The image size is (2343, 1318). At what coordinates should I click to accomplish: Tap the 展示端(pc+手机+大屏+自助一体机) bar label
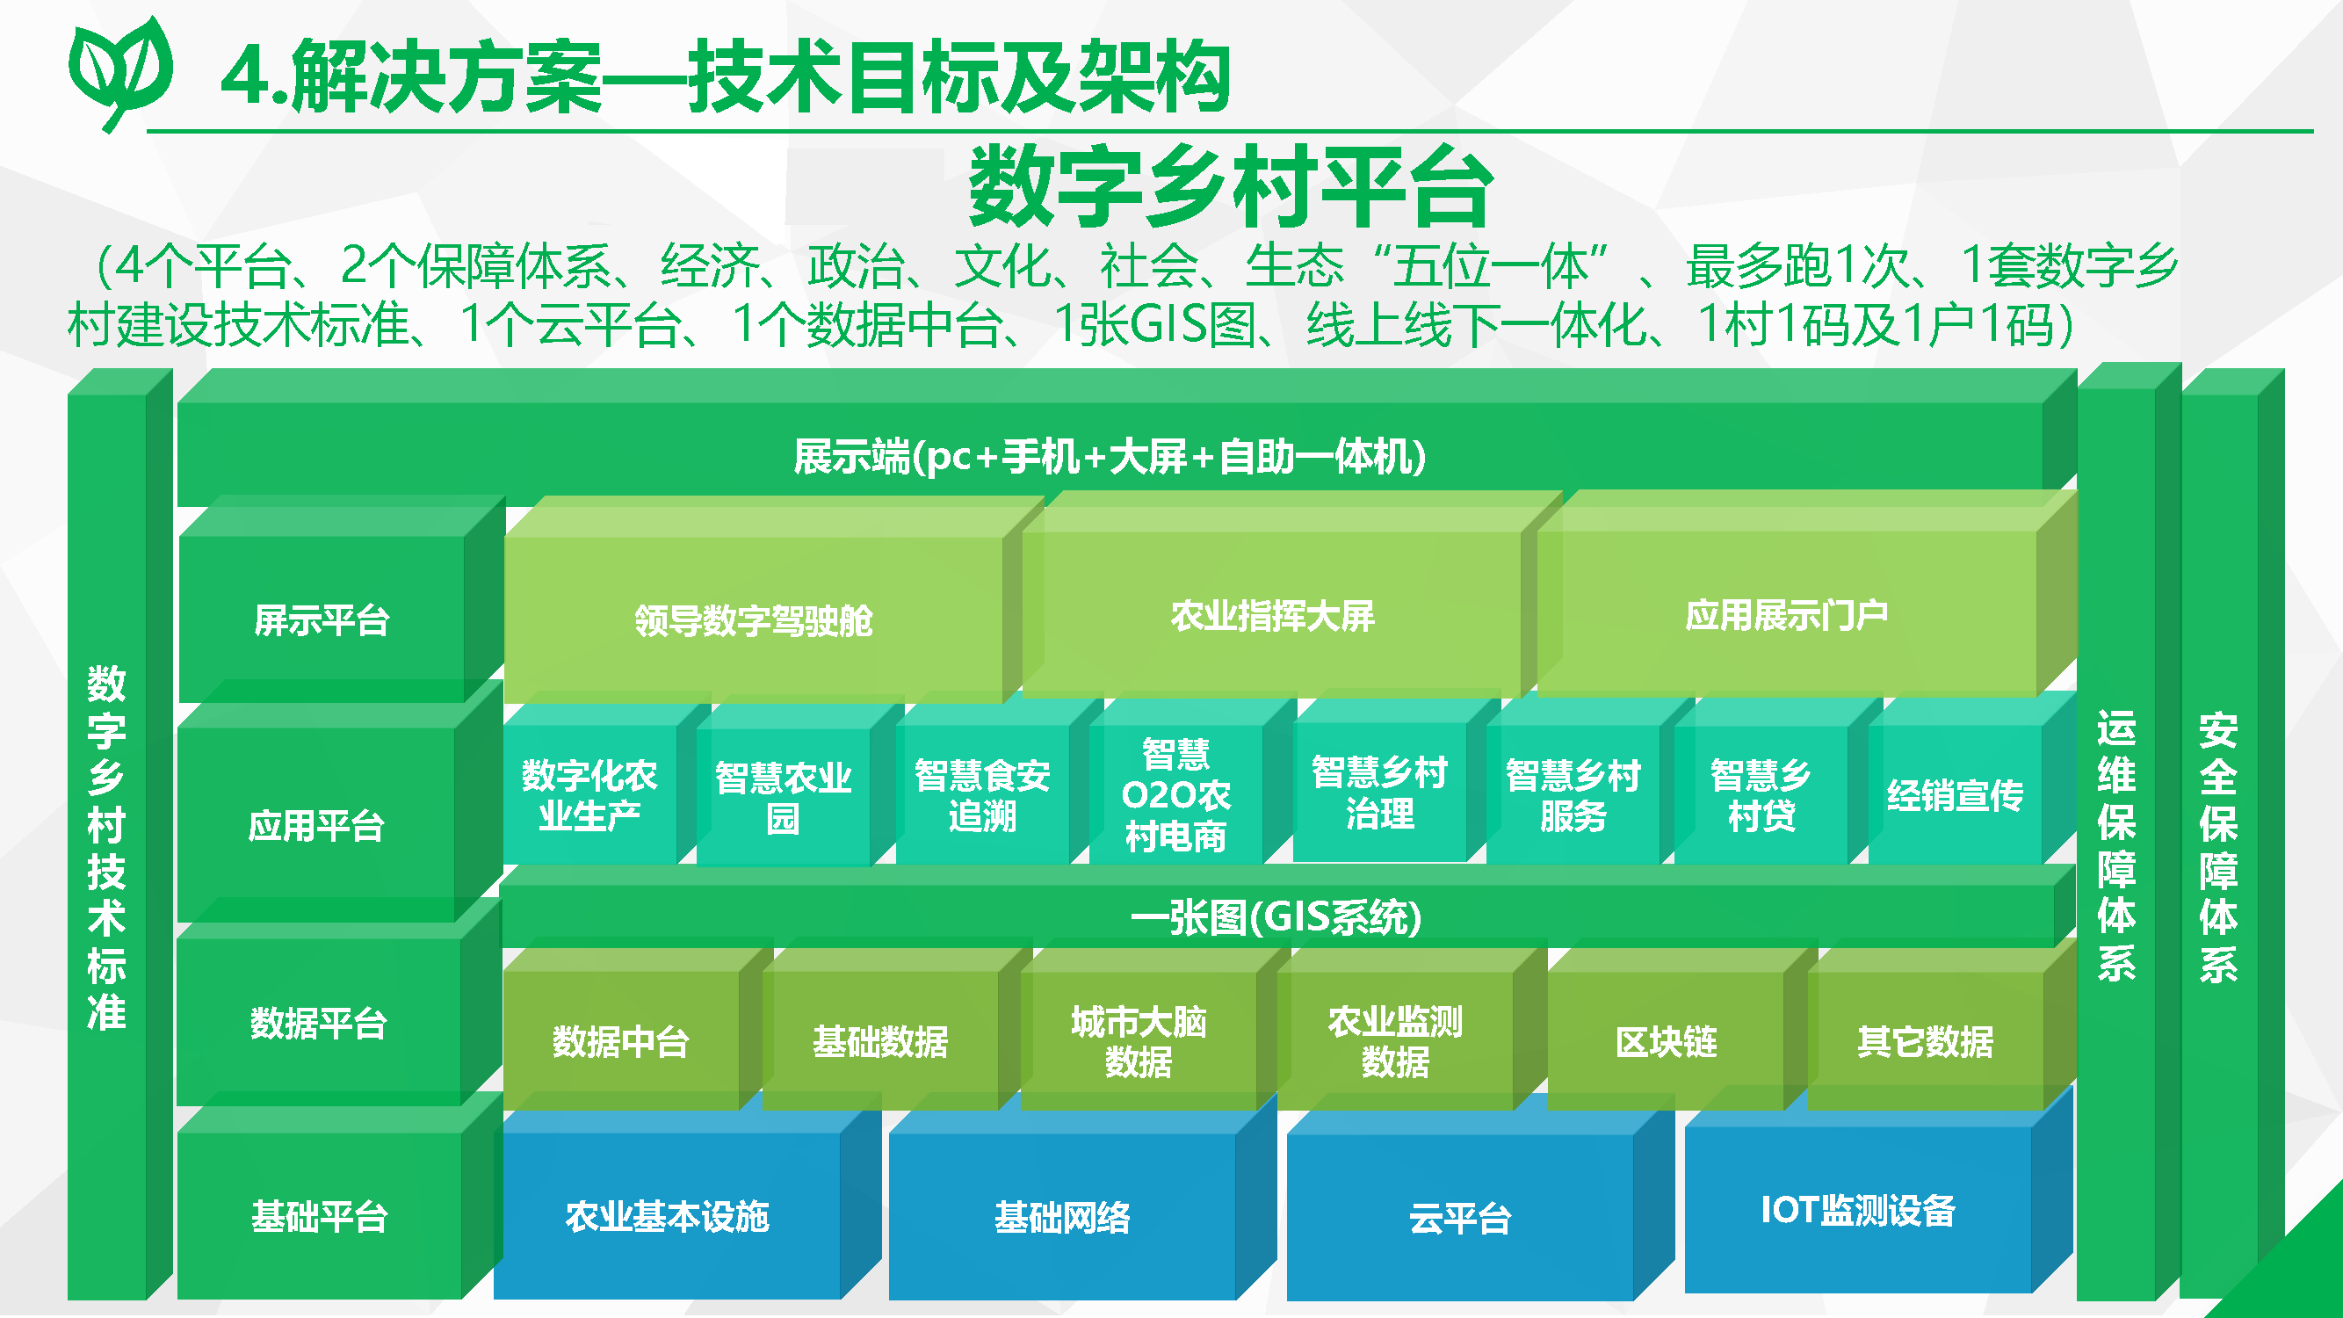[x=1110, y=457]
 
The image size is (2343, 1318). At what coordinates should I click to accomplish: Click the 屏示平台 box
[x=321, y=621]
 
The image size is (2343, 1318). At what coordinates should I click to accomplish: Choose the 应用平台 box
[x=315, y=826]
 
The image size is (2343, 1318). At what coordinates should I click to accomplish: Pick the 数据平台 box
[x=318, y=1024]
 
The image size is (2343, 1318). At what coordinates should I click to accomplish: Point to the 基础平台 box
[x=319, y=1216]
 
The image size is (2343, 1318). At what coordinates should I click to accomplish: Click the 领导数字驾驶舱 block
[x=753, y=621]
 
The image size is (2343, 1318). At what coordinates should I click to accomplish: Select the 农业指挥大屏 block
[x=1271, y=617]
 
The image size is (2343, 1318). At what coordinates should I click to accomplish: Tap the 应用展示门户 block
[x=1786, y=616]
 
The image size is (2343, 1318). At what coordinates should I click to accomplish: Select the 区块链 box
[x=1666, y=1041]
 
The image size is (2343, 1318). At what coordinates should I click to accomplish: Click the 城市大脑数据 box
[x=1138, y=1041]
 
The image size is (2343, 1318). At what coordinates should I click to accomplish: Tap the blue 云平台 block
[x=1460, y=1218]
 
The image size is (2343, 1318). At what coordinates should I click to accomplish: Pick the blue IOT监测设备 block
[x=1857, y=1211]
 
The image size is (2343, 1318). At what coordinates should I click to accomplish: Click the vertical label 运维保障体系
[x=2115, y=846]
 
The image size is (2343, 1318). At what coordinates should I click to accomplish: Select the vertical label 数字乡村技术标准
[x=106, y=846]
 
